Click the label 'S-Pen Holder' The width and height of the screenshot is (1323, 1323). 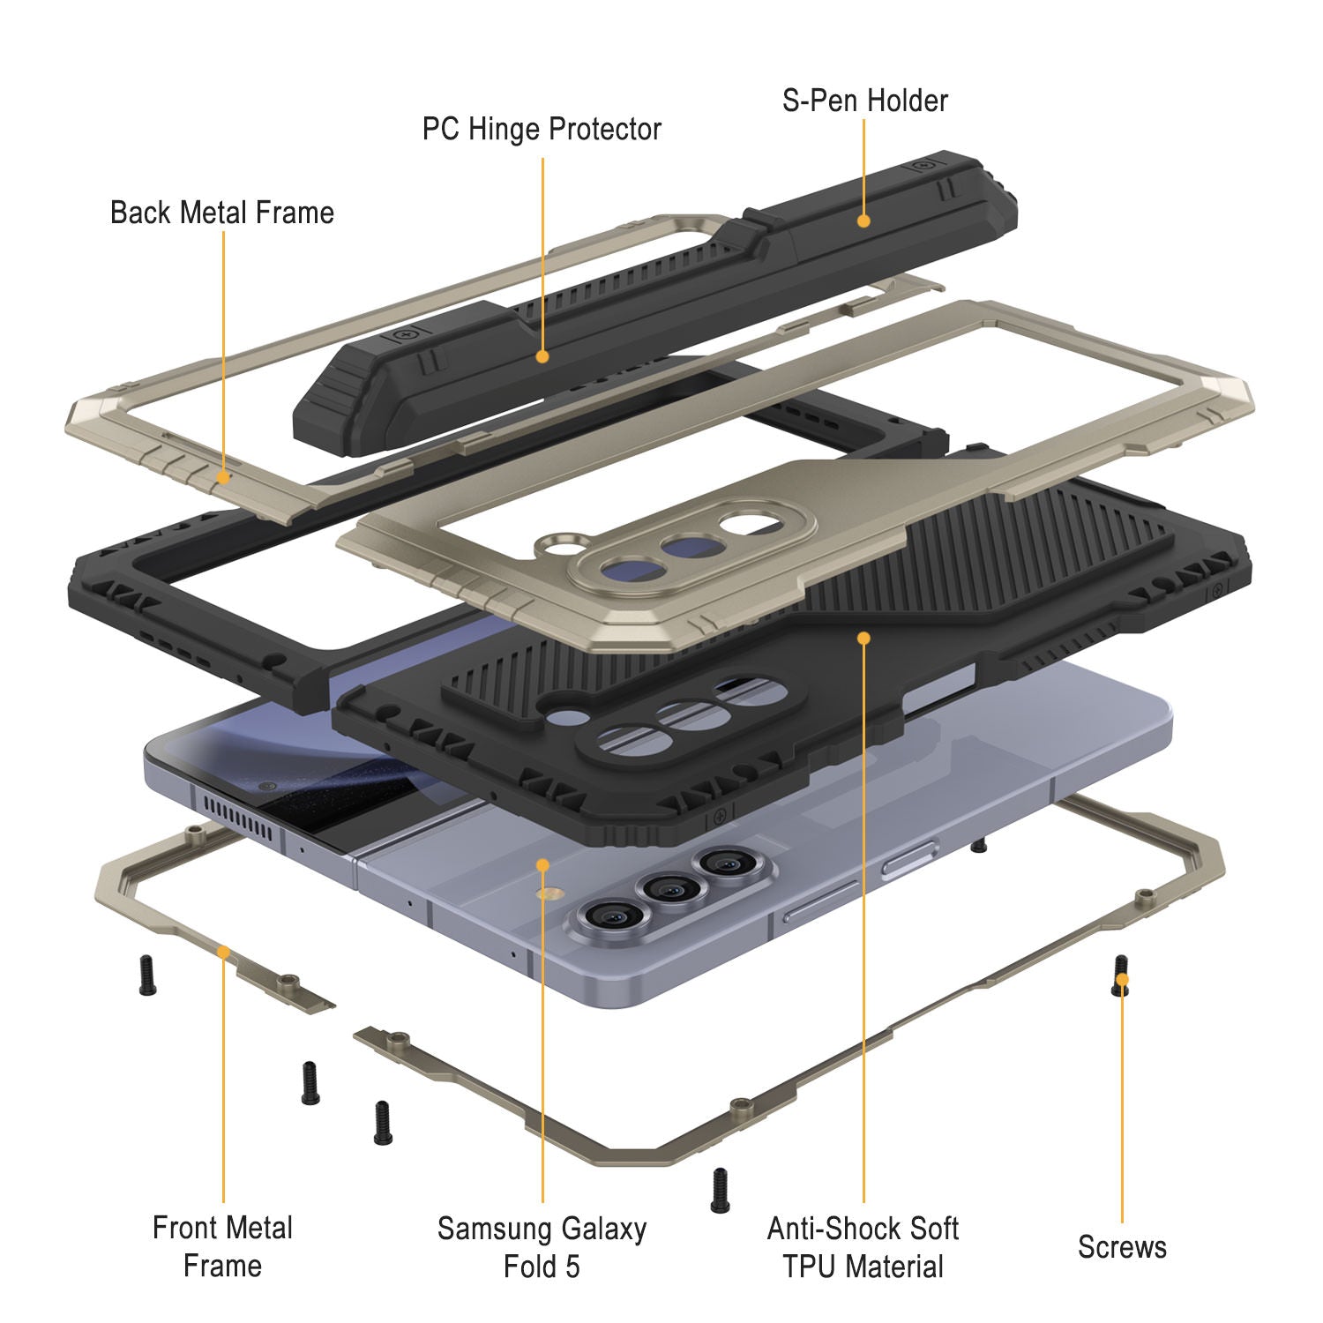point(864,101)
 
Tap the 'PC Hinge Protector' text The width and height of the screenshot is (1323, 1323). point(542,129)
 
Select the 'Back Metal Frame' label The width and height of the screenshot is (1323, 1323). point(222,213)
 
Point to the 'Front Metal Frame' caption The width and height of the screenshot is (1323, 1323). point(222,1246)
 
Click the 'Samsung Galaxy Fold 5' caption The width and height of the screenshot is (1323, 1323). point(542,1247)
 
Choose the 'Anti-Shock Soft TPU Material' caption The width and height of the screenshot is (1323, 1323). point(863,1247)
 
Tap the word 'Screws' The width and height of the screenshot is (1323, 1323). point(1121,1247)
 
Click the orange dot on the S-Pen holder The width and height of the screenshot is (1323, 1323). point(863,220)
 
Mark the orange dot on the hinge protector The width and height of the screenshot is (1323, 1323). point(542,356)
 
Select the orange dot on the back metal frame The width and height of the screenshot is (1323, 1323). point(223,477)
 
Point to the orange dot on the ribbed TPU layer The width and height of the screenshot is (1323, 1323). point(863,637)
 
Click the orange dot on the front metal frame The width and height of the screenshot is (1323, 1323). point(223,952)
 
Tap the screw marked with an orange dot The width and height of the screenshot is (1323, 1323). point(1121,976)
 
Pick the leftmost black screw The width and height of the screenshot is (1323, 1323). point(147,975)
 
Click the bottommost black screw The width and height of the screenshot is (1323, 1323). point(720,1190)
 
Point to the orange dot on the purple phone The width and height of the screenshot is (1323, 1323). point(542,865)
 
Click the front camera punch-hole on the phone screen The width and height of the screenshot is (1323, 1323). point(265,784)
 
